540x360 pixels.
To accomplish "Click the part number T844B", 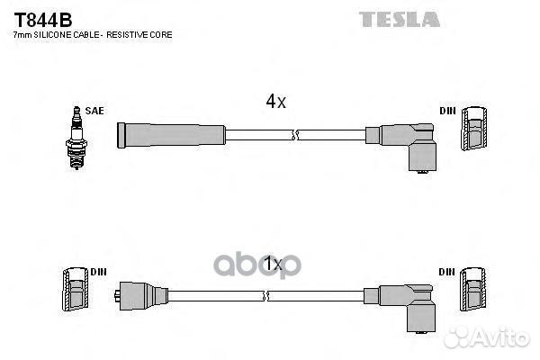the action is [43, 20].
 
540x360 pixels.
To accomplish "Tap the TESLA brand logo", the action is [399, 19].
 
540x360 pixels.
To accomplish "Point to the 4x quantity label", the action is [276, 102].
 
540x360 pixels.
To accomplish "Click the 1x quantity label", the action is [273, 265].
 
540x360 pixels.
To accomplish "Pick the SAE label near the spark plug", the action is [94, 111].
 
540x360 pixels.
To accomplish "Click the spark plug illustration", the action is [76, 138].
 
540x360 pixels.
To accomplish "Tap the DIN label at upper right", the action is [447, 111].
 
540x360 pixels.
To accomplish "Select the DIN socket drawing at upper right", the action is [474, 129].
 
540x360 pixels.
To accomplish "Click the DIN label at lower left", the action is [98, 272].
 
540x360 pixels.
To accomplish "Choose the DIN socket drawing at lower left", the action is [76, 289].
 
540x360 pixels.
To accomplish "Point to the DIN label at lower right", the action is [446, 272].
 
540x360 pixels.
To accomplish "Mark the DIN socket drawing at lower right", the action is [473, 290].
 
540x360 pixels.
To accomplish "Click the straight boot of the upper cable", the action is [171, 135].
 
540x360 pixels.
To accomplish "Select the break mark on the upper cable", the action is [294, 135].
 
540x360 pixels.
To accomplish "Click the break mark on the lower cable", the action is [265, 296].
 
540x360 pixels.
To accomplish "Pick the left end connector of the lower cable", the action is [141, 296].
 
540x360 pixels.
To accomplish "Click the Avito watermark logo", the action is [487, 337].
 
